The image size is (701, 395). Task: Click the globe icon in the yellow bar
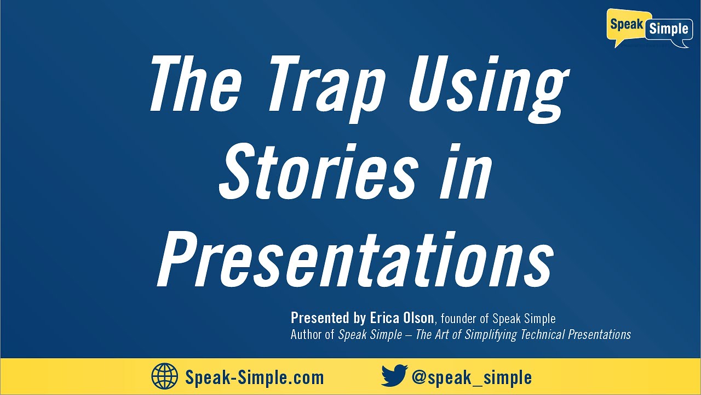[165, 377]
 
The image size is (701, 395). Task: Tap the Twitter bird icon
[394, 376]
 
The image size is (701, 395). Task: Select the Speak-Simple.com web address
[255, 377]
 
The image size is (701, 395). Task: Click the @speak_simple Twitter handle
[472, 377]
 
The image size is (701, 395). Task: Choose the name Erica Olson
[401, 318]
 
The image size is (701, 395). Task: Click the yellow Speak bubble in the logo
[626, 26]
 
